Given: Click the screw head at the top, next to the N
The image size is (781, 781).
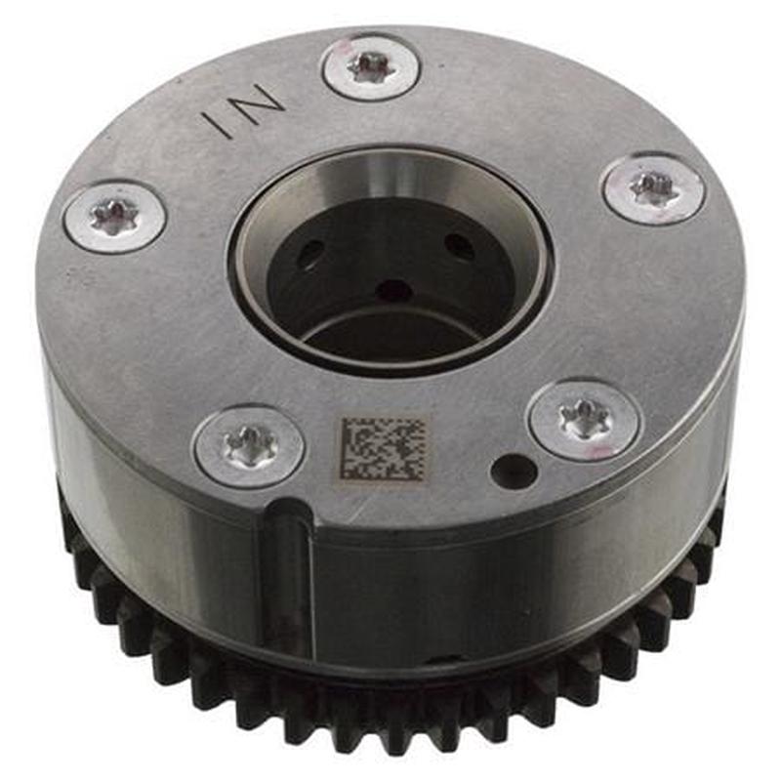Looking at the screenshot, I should (371, 67).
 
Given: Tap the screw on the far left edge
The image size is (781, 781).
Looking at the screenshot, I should (114, 216).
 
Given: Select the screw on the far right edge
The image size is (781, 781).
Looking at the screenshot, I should (653, 188).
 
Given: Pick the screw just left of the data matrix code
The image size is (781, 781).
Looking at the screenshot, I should (248, 446).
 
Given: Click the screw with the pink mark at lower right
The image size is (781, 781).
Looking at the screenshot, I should (585, 420).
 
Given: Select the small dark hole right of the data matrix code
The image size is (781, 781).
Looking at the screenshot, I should (514, 473).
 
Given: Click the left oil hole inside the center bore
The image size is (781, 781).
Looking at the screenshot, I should (310, 256).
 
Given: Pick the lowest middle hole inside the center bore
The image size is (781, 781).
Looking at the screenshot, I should (393, 290).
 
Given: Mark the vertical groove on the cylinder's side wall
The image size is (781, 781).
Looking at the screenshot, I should (286, 576).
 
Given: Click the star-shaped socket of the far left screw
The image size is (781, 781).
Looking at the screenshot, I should (114, 216).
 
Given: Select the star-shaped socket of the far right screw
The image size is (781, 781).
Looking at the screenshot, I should (653, 186).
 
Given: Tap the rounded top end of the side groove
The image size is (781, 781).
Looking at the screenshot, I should (286, 510).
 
